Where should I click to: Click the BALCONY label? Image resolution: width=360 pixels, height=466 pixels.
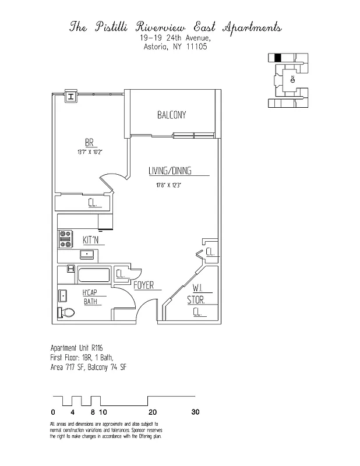(x=172, y=115)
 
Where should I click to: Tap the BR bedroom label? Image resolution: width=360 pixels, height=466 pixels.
(x=90, y=143)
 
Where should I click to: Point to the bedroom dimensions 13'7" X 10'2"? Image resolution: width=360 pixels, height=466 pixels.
(x=90, y=153)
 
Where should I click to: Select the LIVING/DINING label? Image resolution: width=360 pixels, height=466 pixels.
(x=170, y=171)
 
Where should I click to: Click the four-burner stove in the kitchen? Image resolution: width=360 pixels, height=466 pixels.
(x=65, y=238)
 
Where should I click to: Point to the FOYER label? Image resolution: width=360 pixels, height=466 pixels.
(x=143, y=285)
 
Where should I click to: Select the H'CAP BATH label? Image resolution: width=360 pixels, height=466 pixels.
(x=90, y=296)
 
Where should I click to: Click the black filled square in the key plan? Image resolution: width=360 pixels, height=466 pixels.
(x=278, y=57)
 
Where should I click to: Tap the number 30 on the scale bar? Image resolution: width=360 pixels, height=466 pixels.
(x=195, y=412)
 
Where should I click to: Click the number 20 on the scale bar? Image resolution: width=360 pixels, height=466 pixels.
(x=152, y=412)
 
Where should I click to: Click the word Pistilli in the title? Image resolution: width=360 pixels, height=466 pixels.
(x=111, y=27)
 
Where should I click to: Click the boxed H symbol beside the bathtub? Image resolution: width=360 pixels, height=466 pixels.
(x=70, y=269)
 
